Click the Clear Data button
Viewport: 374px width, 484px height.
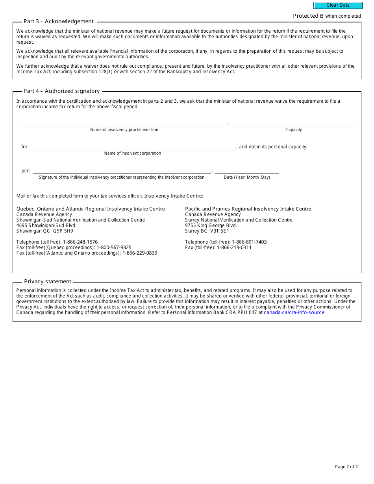tap(338, 6)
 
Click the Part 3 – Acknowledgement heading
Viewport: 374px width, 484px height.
tap(58, 22)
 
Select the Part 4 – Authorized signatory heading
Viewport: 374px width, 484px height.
tap(61, 91)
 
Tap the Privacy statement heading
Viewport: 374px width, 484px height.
tap(48, 282)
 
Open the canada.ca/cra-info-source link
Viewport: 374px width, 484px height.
tap(294, 312)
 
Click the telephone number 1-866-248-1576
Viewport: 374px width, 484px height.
tap(80, 242)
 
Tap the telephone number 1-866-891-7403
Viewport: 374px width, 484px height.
tap(249, 242)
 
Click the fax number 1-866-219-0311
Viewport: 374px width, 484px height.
tap(234, 248)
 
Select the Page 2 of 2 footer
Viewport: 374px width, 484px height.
tap(346, 467)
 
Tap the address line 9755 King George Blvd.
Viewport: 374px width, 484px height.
tap(211, 225)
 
